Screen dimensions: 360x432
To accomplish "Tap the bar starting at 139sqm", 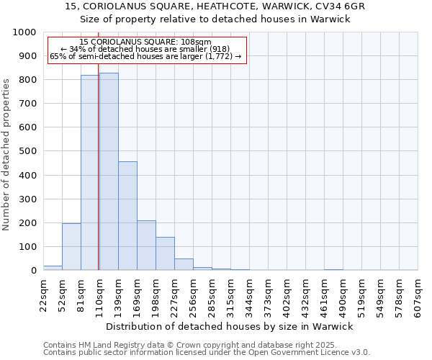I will coord(127,216).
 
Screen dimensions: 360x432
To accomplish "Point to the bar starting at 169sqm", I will coord(146,246).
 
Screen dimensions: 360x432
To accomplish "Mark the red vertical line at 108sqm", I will coord(99,180).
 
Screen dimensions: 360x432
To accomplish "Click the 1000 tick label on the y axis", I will coord(24,32).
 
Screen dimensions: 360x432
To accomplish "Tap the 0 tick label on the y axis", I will coord(33,271).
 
